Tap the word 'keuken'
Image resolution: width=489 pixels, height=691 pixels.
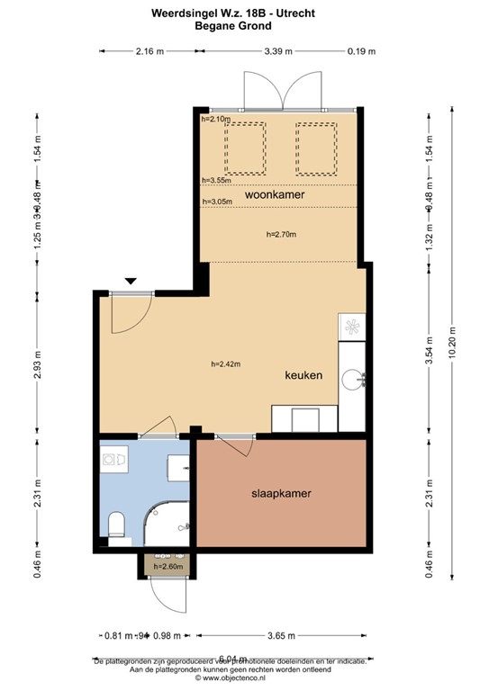(x=303, y=374)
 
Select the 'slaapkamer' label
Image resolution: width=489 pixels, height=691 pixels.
(x=281, y=494)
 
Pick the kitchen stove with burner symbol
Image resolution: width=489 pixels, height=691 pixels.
(x=352, y=328)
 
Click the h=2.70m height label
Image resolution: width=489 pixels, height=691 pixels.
(x=281, y=234)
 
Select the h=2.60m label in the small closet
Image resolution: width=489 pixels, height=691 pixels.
(x=168, y=566)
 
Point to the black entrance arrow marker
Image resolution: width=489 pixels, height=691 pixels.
(x=131, y=282)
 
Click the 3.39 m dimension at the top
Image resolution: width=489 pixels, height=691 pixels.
(x=278, y=51)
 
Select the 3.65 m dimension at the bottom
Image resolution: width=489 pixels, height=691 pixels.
(x=280, y=636)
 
